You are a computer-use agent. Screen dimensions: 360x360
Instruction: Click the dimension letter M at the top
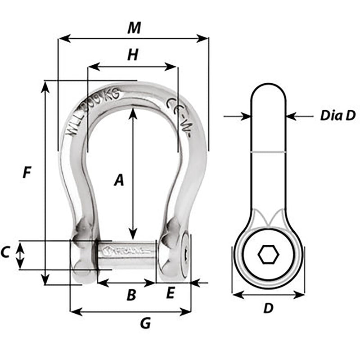point(134,28)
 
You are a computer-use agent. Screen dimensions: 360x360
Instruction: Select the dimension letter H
point(132,55)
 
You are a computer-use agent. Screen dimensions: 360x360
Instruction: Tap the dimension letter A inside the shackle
point(118,180)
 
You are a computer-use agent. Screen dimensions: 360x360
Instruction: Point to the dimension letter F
point(27,172)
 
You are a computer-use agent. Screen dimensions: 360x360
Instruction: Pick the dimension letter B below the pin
point(131,295)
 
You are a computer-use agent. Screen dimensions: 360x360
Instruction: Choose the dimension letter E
point(170,293)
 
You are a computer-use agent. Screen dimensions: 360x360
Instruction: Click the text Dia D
point(338,116)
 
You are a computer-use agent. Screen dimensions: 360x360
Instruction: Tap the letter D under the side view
point(268,308)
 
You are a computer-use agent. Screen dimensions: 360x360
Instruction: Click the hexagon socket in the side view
point(268,255)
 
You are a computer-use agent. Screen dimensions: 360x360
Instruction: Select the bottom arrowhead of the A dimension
point(132,234)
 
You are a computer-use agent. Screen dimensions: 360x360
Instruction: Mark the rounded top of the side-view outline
point(268,85)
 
